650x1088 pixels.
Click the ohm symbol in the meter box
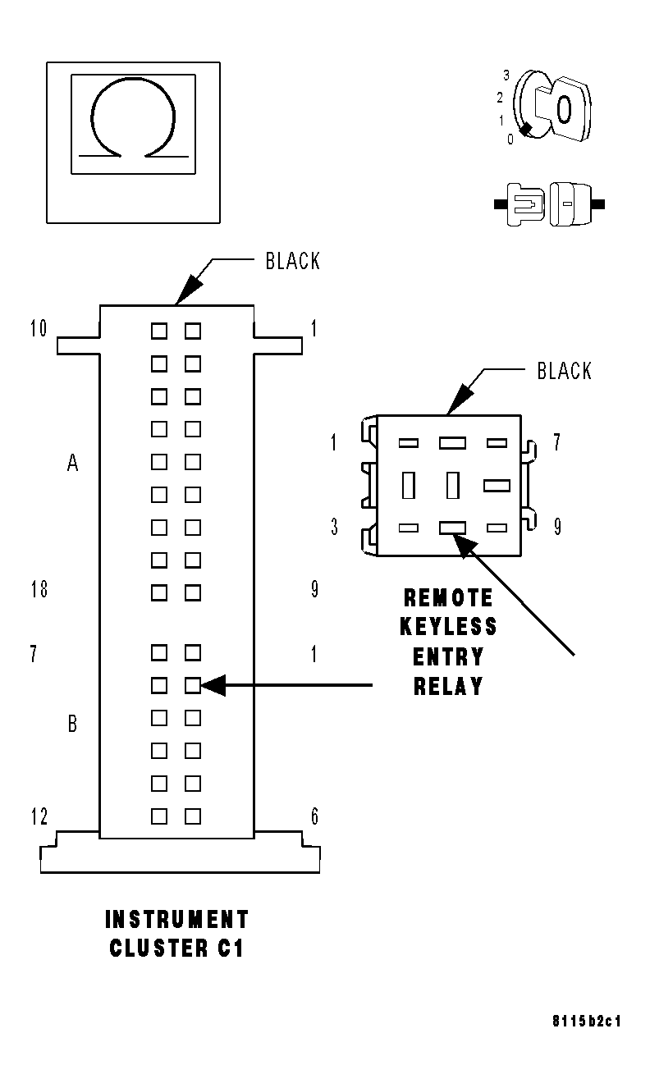133,120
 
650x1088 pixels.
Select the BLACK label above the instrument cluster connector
292,262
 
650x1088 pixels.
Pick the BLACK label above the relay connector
564,371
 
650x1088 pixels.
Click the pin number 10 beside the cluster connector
38,330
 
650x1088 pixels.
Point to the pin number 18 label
38,589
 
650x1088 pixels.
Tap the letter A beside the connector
72,464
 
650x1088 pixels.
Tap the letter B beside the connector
72,724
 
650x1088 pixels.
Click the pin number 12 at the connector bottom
38,817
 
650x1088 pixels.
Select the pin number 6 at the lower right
314,817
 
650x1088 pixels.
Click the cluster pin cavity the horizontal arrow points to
193,685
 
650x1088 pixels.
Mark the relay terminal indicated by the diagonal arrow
452,528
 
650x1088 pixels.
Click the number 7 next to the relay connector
556,443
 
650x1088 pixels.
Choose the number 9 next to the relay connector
556,527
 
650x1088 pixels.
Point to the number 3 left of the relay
334,527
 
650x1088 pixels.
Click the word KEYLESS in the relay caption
448,627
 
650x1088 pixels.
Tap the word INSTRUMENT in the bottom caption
176,919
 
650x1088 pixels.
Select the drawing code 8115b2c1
586,1022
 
